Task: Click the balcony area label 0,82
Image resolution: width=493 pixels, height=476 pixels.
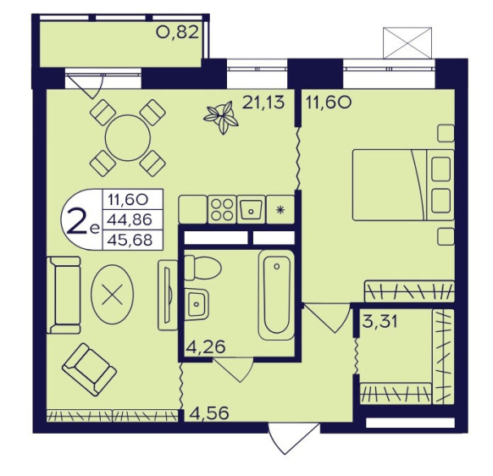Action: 178,32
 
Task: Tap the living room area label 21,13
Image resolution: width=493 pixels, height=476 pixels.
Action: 263,102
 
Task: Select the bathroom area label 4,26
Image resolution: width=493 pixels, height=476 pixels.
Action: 206,347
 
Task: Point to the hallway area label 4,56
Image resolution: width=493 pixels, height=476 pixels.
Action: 208,413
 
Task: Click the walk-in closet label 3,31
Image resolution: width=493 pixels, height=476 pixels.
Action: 379,321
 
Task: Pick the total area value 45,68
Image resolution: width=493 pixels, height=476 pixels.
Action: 130,241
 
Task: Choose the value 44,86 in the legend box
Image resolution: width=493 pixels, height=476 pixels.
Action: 130,219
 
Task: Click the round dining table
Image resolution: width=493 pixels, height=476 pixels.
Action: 128,138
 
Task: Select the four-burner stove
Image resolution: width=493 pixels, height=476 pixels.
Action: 222,209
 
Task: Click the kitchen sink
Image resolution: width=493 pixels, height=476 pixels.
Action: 251,209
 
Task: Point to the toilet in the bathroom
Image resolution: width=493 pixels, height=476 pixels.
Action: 202,268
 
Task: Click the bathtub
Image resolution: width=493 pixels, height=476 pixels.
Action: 276,295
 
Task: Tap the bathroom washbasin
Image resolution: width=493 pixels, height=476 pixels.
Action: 197,304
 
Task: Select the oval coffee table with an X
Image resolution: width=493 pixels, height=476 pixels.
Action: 113,294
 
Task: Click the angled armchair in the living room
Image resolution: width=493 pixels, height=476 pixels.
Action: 90,369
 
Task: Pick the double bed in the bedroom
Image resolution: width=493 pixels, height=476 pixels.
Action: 403,185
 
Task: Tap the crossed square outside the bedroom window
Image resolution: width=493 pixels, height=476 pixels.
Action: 407,42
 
